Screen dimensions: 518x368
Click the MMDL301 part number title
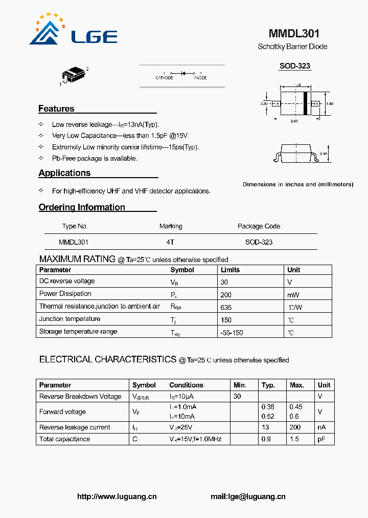tap(294, 34)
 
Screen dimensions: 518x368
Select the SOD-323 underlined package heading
tap(294, 66)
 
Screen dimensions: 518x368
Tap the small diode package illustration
tap(74, 75)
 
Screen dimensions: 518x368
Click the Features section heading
tap(56, 109)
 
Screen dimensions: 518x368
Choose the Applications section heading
tap(64, 173)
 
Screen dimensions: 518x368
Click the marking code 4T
tap(170, 242)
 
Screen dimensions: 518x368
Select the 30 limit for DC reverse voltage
tap(224, 282)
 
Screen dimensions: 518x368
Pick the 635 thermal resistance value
tap(226, 307)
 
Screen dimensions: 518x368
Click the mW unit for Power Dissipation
tap(293, 295)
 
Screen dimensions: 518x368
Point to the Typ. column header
tap(268, 385)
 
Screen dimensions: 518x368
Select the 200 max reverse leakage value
tap(295, 427)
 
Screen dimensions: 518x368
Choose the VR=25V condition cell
tap(180, 427)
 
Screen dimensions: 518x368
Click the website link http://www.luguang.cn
tap(117, 497)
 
